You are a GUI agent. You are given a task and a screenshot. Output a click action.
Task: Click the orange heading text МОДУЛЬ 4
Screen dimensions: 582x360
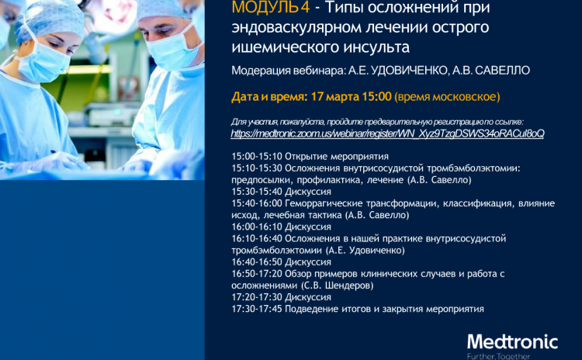pos(271,7)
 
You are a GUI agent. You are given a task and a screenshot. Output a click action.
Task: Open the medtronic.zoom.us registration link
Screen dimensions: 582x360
pos(387,133)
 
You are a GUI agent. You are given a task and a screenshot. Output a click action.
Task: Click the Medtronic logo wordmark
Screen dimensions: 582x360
pos(512,342)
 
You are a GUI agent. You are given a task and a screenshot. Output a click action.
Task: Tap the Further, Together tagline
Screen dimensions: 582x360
pos(498,357)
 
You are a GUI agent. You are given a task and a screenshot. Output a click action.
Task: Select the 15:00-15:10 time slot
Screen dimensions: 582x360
pos(257,156)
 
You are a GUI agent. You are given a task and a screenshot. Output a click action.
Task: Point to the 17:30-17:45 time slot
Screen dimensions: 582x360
pos(257,309)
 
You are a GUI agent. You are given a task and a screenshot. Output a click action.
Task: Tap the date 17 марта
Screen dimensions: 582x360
pos(333,97)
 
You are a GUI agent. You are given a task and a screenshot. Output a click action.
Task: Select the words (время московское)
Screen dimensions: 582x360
pos(447,97)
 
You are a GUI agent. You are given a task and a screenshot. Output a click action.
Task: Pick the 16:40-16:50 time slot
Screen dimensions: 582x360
pos(257,262)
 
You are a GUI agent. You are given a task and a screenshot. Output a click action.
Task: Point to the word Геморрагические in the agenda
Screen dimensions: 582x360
pos(324,203)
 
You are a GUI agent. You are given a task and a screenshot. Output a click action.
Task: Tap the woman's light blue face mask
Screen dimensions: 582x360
pos(42,62)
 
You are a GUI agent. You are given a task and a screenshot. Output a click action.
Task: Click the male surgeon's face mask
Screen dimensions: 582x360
pos(171,48)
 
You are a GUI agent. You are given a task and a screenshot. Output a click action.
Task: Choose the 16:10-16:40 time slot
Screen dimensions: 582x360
pos(257,239)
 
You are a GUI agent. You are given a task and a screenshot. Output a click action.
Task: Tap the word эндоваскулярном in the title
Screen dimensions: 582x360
pos(296,28)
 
